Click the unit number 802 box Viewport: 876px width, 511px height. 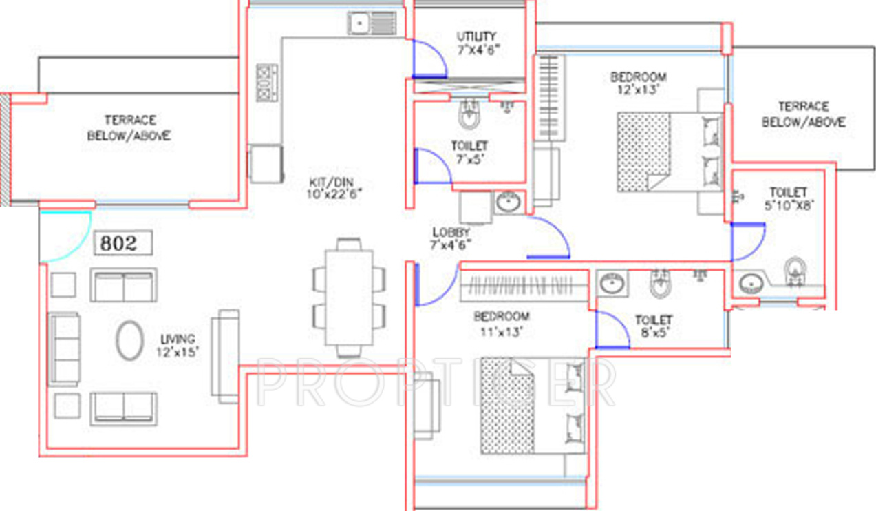123,243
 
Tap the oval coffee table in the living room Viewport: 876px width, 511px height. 129,342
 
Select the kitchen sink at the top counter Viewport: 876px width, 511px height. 372,24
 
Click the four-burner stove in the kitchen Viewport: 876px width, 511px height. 266,83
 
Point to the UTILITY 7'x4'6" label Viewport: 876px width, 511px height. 477,43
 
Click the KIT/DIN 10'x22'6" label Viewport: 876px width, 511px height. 335,188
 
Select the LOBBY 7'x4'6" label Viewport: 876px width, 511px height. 451,238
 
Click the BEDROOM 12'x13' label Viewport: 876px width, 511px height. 639,83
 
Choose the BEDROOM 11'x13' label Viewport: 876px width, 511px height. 502,323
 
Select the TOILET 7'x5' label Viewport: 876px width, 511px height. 470,152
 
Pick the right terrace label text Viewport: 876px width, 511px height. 803,114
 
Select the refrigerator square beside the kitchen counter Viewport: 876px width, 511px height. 266,163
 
